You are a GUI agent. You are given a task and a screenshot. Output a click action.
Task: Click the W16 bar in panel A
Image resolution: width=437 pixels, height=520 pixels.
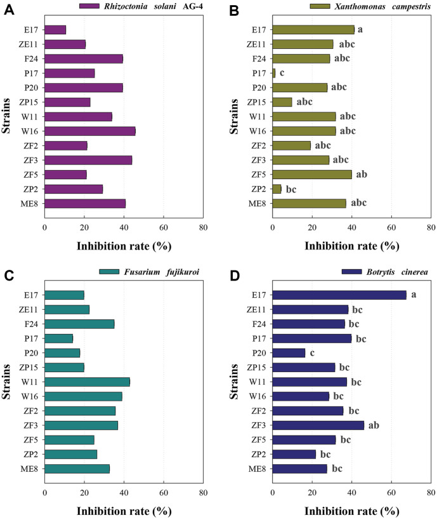click(89, 131)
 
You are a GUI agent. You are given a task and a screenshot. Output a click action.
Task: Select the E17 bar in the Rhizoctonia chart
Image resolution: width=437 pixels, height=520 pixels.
click(55, 29)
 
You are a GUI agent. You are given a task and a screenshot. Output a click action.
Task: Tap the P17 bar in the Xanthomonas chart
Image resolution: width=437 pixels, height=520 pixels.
click(274, 73)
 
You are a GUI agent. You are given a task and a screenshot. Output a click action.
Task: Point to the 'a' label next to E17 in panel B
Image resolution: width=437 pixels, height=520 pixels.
click(360, 29)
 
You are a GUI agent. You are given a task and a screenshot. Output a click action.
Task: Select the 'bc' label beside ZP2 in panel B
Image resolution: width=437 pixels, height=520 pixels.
click(292, 189)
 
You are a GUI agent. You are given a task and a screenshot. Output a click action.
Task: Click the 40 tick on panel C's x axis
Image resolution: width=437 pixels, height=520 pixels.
click(124, 492)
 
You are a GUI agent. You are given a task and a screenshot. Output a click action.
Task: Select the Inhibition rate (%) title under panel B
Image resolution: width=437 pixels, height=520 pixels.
click(351, 246)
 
